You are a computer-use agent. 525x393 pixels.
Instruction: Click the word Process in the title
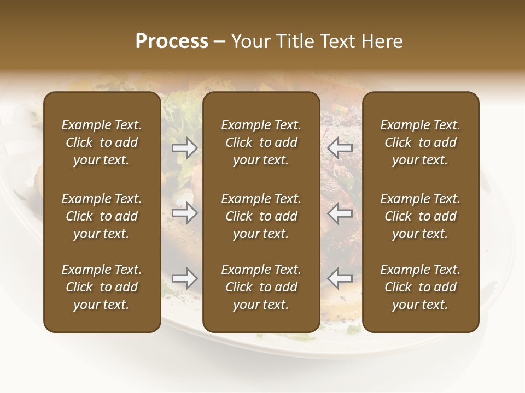(172, 41)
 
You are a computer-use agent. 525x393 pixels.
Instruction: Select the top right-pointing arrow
(185, 148)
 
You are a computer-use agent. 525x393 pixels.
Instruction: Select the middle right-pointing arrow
(185, 213)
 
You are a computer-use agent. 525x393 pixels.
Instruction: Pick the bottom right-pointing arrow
(185, 279)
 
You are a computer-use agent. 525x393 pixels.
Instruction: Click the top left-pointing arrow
(340, 148)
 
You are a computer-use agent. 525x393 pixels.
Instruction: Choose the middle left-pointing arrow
(340, 213)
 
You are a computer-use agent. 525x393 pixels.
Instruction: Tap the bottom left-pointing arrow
(340, 279)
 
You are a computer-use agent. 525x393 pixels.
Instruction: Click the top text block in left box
(102, 142)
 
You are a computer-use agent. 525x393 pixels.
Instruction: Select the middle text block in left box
(102, 216)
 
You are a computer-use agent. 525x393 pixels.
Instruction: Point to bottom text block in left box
(102, 287)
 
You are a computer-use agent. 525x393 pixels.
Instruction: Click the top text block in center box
(261, 142)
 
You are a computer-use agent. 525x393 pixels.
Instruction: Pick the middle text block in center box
(261, 216)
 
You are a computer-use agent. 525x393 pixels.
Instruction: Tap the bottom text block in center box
(261, 287)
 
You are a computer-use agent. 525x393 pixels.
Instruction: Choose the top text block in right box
(420, 142)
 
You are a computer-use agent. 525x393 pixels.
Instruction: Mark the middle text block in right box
(420, 216)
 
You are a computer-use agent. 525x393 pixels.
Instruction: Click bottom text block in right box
(420, 287)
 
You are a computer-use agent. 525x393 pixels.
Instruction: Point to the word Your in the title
(249, 41)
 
